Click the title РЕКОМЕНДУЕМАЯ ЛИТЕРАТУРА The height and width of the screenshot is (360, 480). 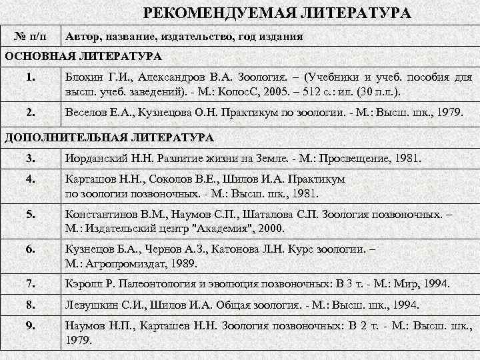(277, 13)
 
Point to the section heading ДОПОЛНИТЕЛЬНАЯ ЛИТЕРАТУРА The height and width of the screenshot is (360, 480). (109, 138)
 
